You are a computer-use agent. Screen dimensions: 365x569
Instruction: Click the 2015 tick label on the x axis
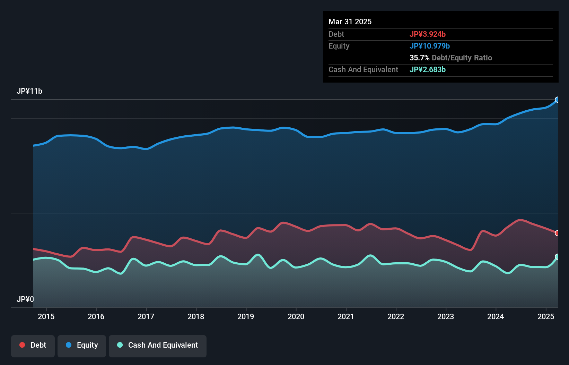pyautogui.click(x=46, y=316)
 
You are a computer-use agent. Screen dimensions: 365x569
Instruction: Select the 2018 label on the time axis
pyautogui.click(x=196, y=316)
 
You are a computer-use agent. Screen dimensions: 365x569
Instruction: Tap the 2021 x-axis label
pyautogui.click(x=346, y=316)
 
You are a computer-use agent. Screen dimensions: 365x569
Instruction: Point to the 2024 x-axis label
pyautogui.click(x=496, y=316)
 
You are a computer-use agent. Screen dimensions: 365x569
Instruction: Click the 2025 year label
pyautogui.click(x=546, y=316)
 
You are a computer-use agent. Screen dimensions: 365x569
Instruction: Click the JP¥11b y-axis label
pyautogui.click(x=29, y=91)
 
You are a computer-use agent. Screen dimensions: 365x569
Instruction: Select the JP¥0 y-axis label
pyautogui.click(x=25, y=299)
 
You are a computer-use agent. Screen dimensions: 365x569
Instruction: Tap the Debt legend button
pyautogui.click(x=33, y=345)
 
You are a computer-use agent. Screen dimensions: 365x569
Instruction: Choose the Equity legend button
pyautogui.click(x=82, y=345)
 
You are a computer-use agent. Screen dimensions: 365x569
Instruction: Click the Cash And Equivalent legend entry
pyautogui.click(x=158, y=345)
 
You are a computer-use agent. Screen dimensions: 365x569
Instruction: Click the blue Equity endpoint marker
pyautogui.click(x=557, y=100)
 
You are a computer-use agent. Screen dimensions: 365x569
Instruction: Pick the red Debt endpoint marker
pyautogui.click(x=557, y=233)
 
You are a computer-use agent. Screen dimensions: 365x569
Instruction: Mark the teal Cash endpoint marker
pyautogui.click(x=557, y=257)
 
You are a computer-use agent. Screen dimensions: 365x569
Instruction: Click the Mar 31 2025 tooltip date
pyautogui.click(x=350, y=22)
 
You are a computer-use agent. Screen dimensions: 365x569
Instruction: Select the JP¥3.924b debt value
pyautogui.click(x=428, y=34)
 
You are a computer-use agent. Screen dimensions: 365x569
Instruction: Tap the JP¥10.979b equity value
pyautogui.click(x=430, y=46)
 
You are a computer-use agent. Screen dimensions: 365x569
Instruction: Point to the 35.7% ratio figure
pyautogui.click(x=419, y=58)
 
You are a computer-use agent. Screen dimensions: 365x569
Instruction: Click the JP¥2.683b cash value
pyautogui.click(x=428, y=69)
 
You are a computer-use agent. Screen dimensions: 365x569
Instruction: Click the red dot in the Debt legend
pyautogui.click(x=22, y=345)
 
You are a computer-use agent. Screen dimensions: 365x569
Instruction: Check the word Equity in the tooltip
pyautogui.click(x=339, y=46)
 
